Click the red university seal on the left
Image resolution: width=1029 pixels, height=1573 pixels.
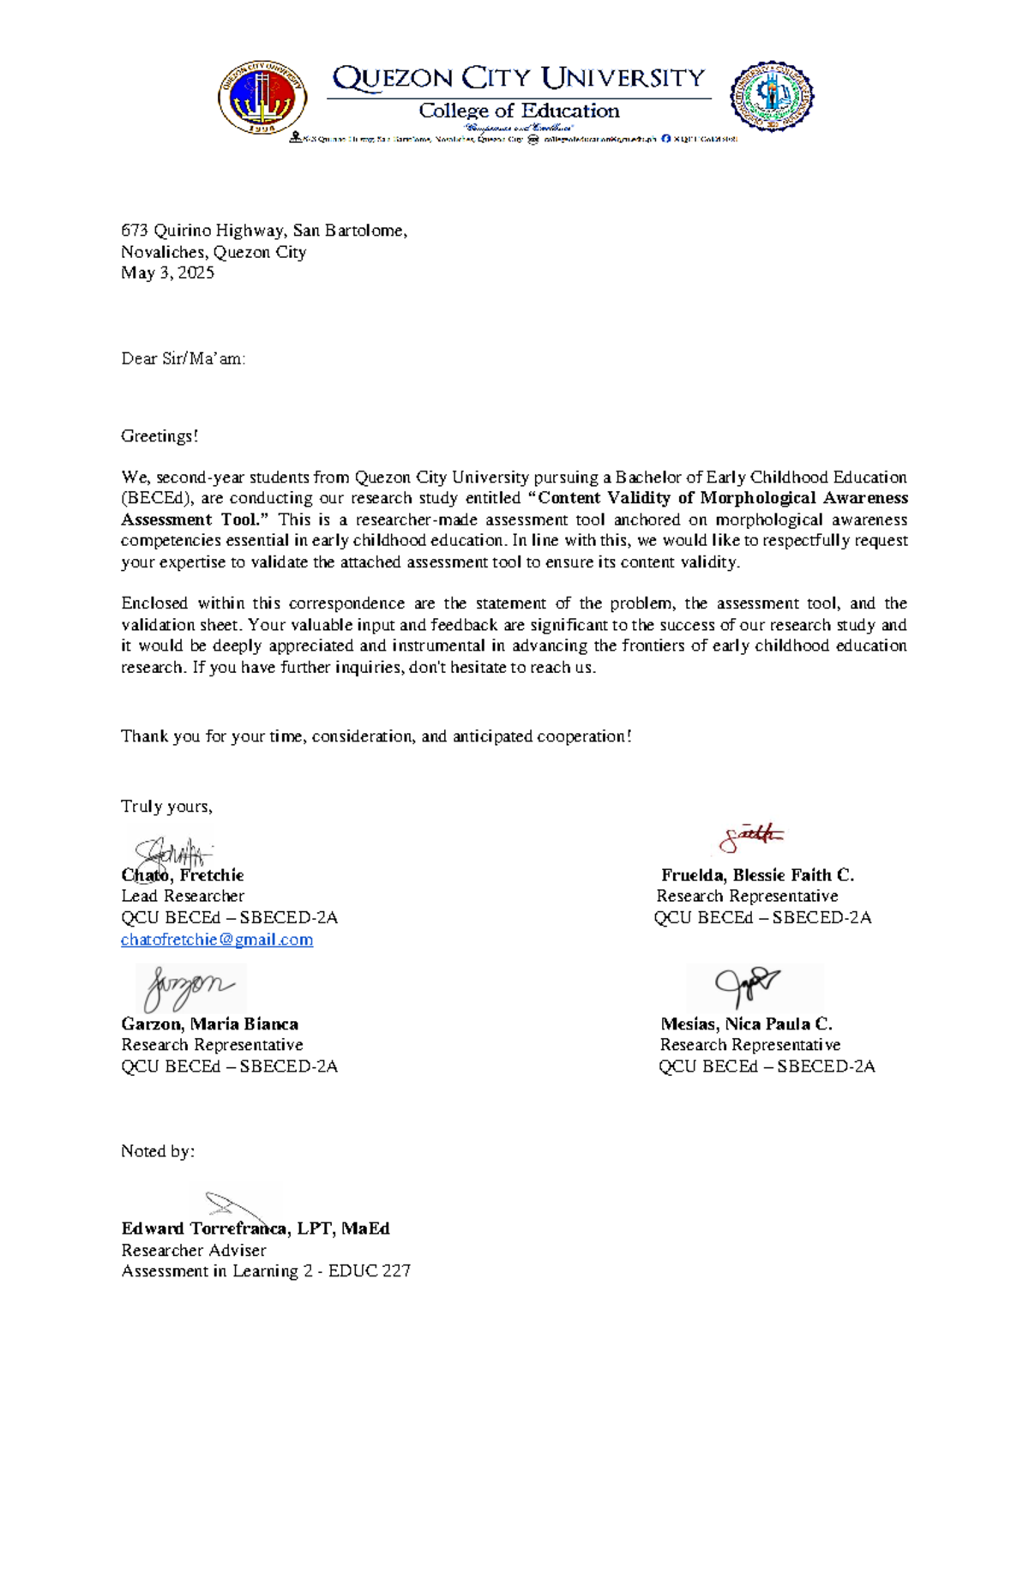[x=262, y=97]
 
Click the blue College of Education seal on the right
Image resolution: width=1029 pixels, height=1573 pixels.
[x=771, y=96]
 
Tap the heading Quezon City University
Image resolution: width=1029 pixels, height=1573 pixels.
[x=518, y=78]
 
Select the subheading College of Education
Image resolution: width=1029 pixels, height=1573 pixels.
[x=518, y=111]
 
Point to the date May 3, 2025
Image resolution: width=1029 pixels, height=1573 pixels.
[x=167, y=273]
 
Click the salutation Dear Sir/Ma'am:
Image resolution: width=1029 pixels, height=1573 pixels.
[x=183, y=358]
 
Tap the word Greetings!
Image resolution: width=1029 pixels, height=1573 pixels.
[x=159, y=435]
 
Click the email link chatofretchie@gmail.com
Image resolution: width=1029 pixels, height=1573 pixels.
[x=217, y=940]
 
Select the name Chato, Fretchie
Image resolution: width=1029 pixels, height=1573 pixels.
[x=183, y=875]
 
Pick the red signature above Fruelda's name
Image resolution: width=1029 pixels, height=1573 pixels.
[x=750, y=837]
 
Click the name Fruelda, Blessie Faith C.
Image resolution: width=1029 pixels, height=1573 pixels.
[x=757, y=875]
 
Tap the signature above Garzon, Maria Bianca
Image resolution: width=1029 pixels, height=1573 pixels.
[x=189, y=987]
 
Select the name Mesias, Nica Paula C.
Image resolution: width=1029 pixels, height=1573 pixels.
[x=746, y=1024]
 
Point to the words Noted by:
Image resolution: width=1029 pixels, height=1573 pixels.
[x=158, y=1150]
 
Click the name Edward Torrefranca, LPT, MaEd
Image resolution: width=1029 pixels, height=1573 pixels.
[x=256, y=1228]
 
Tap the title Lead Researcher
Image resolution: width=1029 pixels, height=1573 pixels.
[x=183, y=896]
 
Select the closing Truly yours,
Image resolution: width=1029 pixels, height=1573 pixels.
[x=166, y=806]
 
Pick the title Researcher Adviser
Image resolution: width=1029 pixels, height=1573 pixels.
[x=193, y=1250]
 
